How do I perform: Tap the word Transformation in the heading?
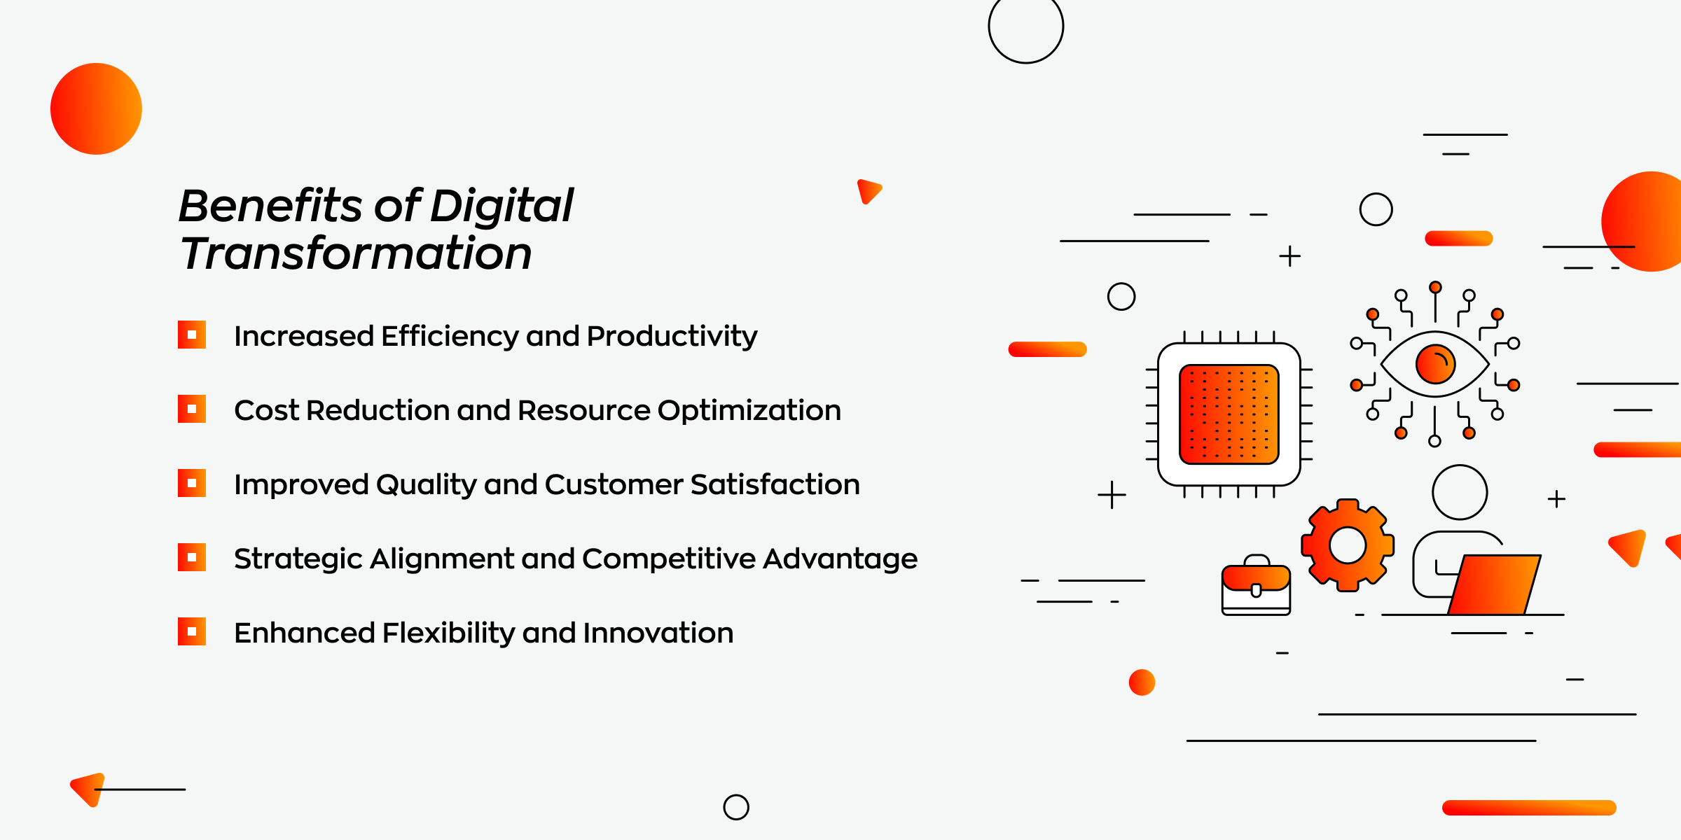point(356,253)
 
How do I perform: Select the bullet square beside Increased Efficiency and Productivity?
point(191,335)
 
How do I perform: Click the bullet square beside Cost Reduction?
point(191,409)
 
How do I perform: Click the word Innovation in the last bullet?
point(658,633)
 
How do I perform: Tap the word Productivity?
point(672,337)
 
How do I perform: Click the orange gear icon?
point(1348,545)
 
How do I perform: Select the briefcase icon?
point(1256,585)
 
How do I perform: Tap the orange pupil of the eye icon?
point(1435,364)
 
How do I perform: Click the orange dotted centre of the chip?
point(1229,414)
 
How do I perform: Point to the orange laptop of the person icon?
point(1494,584)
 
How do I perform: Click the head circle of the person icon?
point(1460,492)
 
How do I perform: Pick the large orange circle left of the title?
point(96,108)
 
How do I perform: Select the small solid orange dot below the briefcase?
point(1142,682)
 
